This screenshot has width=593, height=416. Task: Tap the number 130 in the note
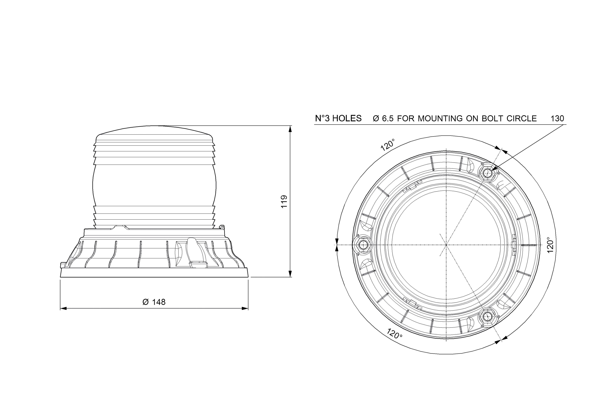(x=557, y=119)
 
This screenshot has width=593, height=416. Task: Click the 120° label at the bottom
(x=394, y=334)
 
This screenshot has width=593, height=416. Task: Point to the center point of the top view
(x=446, y=245)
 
